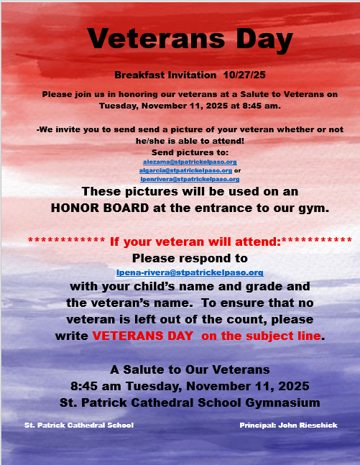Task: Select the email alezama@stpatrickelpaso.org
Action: (x=190, y=162)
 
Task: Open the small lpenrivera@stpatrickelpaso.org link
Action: (x=190, y=178)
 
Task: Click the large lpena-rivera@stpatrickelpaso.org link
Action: (x=190, y=272)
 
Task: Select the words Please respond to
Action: (x=190, y=257)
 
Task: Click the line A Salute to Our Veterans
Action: (x=190, y=369)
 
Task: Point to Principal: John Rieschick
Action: (x=288, y=425)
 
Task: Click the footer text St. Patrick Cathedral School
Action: (x=79, y=425)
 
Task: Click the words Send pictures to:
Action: (x=190, y=153)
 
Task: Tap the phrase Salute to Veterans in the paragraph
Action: (x=277, y=94)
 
